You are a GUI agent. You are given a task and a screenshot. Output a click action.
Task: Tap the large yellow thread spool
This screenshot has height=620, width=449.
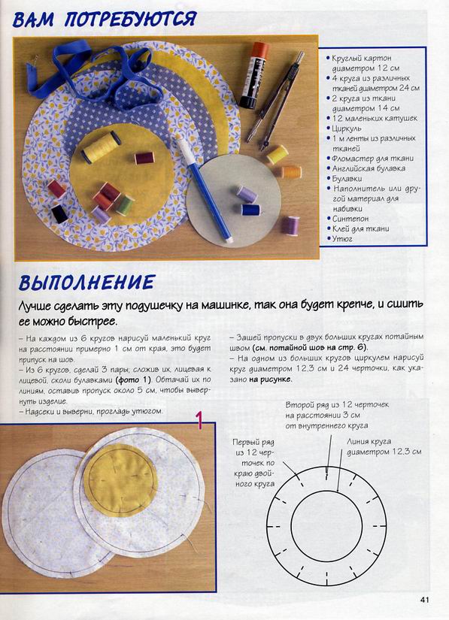[102, 147]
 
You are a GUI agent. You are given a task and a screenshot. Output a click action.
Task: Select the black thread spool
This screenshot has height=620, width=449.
[59, 213]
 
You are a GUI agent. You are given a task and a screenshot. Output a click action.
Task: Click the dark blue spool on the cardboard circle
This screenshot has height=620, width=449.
[250, 210]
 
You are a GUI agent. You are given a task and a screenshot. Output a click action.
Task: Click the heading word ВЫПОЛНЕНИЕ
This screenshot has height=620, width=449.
[86, 283]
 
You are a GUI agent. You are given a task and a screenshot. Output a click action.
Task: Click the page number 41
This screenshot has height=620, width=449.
[425, 600]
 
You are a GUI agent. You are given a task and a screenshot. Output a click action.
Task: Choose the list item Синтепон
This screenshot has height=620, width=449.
[352, 219]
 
